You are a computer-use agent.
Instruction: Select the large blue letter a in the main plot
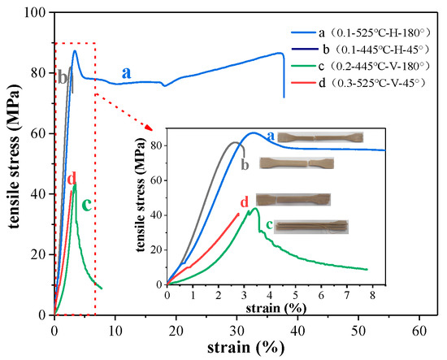point(127,72)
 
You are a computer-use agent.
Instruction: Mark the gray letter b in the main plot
point(62,77)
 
